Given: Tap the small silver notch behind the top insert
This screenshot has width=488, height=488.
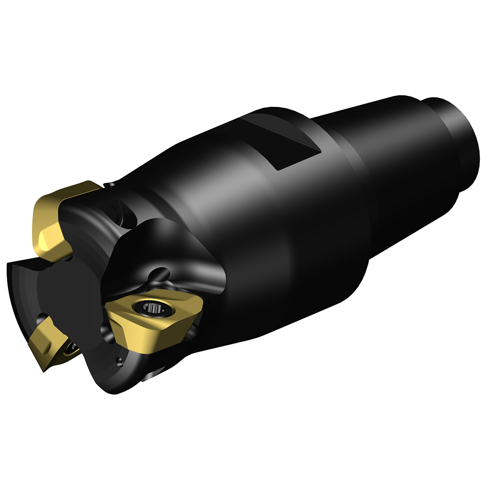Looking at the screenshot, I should (111, 184).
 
